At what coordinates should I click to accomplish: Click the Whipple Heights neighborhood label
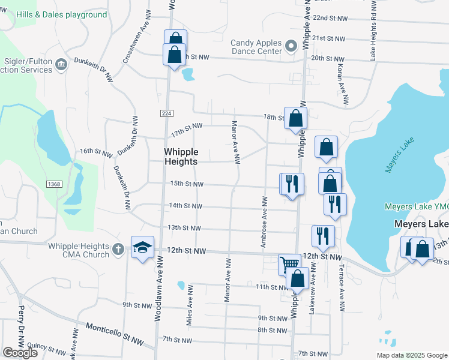pos(189,157)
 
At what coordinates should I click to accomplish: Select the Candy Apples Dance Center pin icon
pos(291,46)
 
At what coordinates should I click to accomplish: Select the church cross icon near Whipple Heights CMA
pos(119,248)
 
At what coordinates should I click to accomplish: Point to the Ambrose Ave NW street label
pos(263,221)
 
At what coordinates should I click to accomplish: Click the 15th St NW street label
pos(186,184)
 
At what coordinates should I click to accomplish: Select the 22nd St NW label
pos(330,19)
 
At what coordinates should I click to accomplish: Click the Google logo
pos(19,353)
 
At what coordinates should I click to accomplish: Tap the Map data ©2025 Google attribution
pos(411,355)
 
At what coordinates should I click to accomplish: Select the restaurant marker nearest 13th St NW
pos(323,236)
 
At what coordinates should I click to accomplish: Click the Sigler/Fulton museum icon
pos(61,64)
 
